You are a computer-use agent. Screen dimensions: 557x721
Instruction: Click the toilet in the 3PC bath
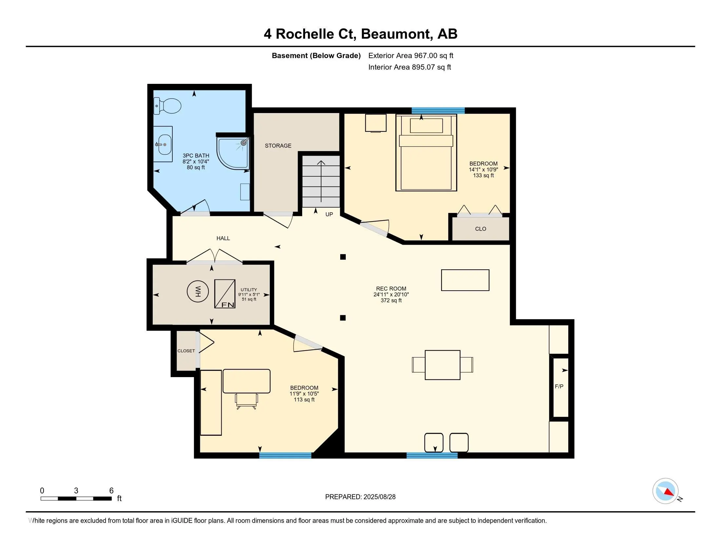coord(168,106)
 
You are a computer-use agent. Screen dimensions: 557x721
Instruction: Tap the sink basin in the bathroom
coord(165,144)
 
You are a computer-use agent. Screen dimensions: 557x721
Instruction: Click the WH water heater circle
coord(198,291)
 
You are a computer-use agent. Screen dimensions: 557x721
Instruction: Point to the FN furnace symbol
coord(225,294)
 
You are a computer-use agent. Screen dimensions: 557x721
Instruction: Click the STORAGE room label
coord(278,145)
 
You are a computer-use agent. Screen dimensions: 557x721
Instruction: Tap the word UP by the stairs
coord(329,215)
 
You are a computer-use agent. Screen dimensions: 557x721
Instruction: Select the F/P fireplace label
coord(559,386)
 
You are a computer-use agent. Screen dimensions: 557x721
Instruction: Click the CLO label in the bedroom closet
coord(480,229)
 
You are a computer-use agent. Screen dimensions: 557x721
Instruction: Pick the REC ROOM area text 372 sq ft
coord(391,300)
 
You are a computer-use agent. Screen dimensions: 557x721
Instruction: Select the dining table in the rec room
coord(442,365)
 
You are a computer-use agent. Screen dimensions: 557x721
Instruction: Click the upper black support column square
coord(343,257)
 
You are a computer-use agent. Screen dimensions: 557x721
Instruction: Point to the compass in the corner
coord(665,491)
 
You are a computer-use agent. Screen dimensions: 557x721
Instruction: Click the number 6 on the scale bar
coord(111,491)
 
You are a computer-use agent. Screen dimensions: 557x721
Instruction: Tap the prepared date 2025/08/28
coord(379,497)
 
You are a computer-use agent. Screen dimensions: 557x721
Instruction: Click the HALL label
coord(223,238)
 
